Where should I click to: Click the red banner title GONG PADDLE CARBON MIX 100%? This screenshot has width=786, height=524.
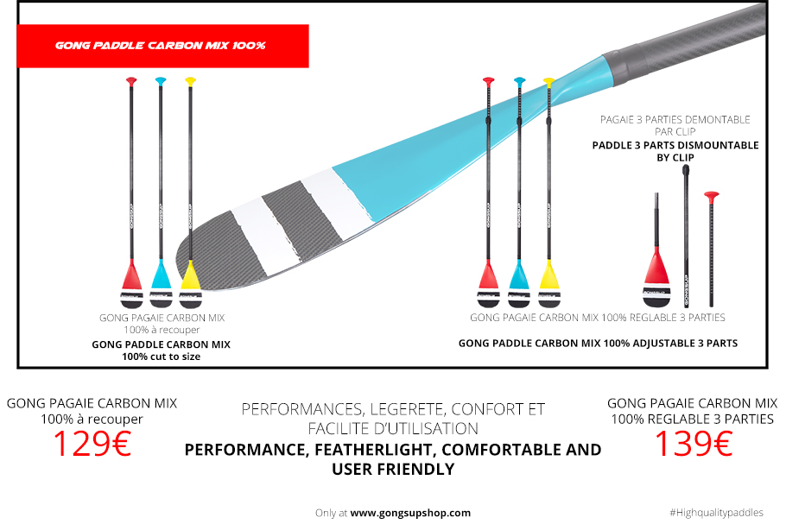coord(161,46)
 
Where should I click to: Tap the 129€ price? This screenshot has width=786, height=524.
coord(92,444)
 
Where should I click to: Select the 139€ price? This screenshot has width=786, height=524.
coord(694,444)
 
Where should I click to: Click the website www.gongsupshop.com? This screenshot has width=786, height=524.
coord(410,513)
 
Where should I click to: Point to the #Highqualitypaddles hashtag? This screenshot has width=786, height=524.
coord(716,513)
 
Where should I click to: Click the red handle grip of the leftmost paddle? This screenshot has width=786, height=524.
coord(131,81)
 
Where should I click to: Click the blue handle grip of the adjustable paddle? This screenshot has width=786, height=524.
coord(519,81)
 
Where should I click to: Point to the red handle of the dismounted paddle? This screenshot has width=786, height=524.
coord(712,196)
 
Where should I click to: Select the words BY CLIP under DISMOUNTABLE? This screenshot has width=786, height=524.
coord(675,158)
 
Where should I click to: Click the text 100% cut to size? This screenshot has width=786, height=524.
coord(161,357)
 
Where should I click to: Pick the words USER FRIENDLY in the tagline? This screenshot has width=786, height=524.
coord(393,470)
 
